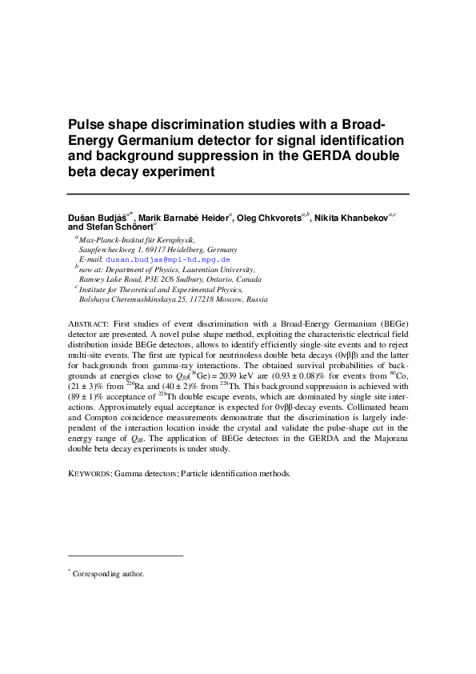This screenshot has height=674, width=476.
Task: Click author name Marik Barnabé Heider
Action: pos(183,218)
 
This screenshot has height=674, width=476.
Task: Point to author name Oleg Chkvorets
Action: pos(268,218)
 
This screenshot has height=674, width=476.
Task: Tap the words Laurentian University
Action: pos(218,270)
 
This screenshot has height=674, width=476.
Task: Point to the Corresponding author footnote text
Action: pos(108,573)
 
